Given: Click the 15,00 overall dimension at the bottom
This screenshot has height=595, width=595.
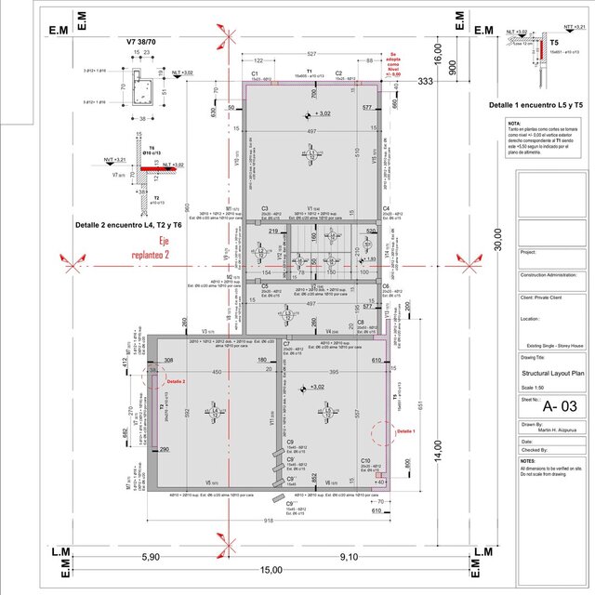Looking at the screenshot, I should [x=271, y=570].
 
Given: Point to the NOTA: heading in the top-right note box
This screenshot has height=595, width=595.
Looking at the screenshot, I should [x=514, y=123].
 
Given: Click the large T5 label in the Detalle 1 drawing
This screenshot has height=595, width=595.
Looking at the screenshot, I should [x=553, y=43].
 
